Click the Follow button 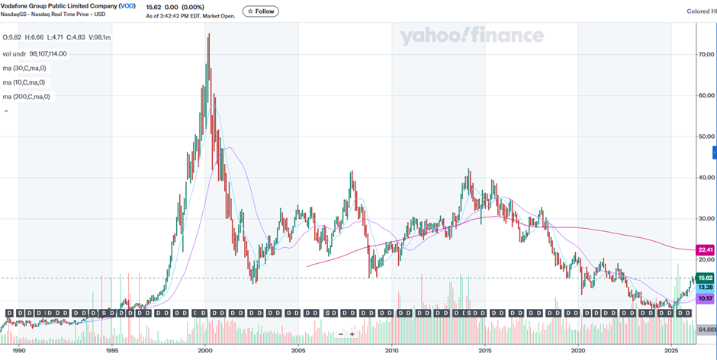pyautogui.click(x=261, y=11)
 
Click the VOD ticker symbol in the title pyautogui.click(x=127, y=6)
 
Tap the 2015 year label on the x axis pyautogui.click(x=485, y=351)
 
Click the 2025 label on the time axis pyautogui.click(x=671, y=351)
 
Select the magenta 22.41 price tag pyautogui.click(x=706, y=249)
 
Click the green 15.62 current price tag pyautogui.click(x=706, y=278)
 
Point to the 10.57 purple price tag pyautogui.click(x=706, y=298)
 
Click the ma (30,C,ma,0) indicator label pyautogui.click(x=23, y=68)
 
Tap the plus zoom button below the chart pyautogui.click(x=352, y=334)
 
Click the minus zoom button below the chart pyautogui.click(x=340, y=334)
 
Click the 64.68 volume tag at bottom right pyautogui.click(x=707, y=329)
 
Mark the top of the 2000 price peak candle pyautogui.click(x=209, y=34)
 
